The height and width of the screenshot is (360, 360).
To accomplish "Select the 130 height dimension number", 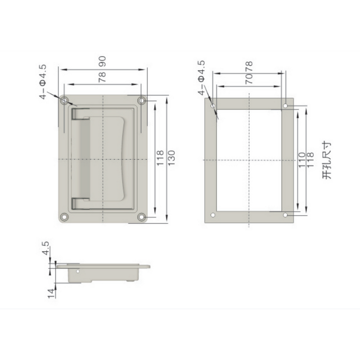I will tap(171, 158).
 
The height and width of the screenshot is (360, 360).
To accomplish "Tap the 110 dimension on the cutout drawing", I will tap(302, 160).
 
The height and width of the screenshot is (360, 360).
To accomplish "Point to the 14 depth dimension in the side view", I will tap(50, 292).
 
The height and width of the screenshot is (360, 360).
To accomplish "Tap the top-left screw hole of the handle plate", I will tap(65, 99).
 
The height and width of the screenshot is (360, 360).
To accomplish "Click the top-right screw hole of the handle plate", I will tap(142, 99).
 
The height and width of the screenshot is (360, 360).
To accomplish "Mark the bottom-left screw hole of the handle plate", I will tap(65, 217).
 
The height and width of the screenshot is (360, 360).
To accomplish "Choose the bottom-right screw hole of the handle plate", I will tap(142, 217).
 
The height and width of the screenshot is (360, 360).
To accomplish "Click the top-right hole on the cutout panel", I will tap(286, 106).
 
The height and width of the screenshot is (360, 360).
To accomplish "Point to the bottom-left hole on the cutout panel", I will tap(213, 215).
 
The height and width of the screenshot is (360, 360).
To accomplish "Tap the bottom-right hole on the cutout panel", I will tap(286, 215).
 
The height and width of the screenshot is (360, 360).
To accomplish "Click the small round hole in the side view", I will tap(77, 272).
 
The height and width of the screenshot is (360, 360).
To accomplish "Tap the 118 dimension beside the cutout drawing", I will tap(310, 160).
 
